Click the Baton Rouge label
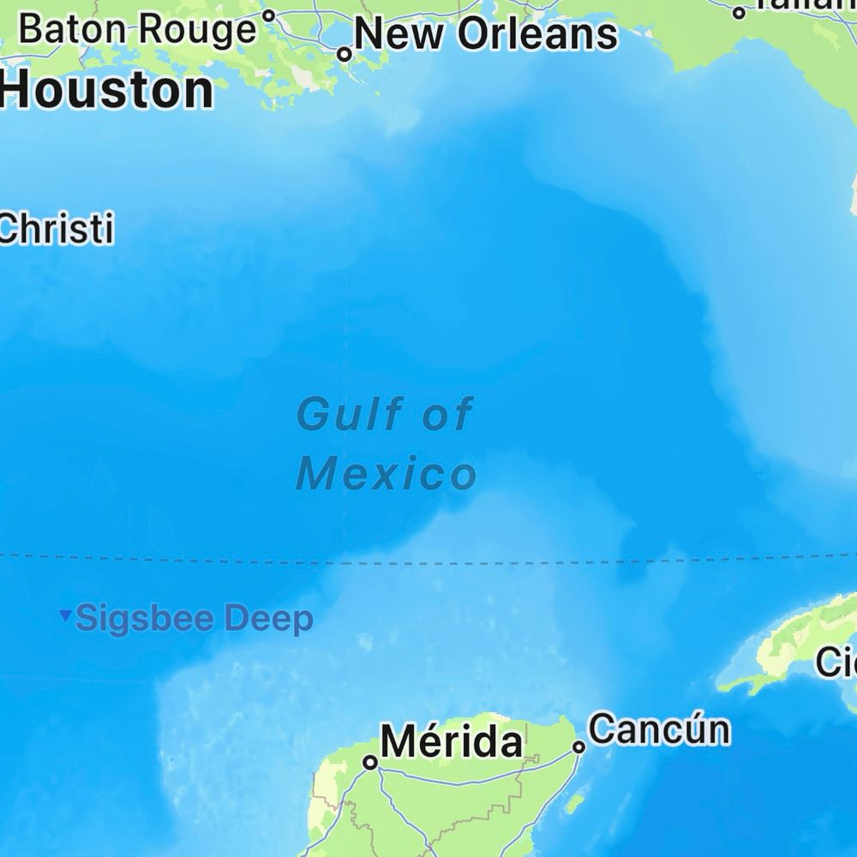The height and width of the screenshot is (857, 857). click(x=137, y=30)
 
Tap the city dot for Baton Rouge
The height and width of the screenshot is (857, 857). click(x=268, y=15)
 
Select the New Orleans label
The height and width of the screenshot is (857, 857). click(x=485, y=34)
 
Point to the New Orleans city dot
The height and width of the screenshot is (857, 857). click(x=345, y=54)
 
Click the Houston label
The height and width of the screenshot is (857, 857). click(x=106, y=90)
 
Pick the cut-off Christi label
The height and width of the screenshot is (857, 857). click(x=57, y=230)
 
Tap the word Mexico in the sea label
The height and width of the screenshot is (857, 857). click(x=386, y=474)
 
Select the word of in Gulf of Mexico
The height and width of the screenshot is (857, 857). click(x=447, y=415)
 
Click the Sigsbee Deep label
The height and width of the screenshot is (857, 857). click(x=195, y=619)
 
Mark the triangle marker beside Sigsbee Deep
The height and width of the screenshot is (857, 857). click(x=65, y=615)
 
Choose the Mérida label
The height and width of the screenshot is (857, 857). click(x=451, y=741)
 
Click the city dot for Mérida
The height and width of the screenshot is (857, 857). click(x=370, y=762)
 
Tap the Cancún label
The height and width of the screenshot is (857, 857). click(x=660, y=729)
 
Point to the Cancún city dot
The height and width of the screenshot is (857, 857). click(x=579, y=747)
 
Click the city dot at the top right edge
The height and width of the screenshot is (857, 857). click(x=739, y=13)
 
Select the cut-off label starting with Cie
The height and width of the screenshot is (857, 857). click(x=836, y=662)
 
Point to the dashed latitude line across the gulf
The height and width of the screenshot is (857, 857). click(x=514, y=562)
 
